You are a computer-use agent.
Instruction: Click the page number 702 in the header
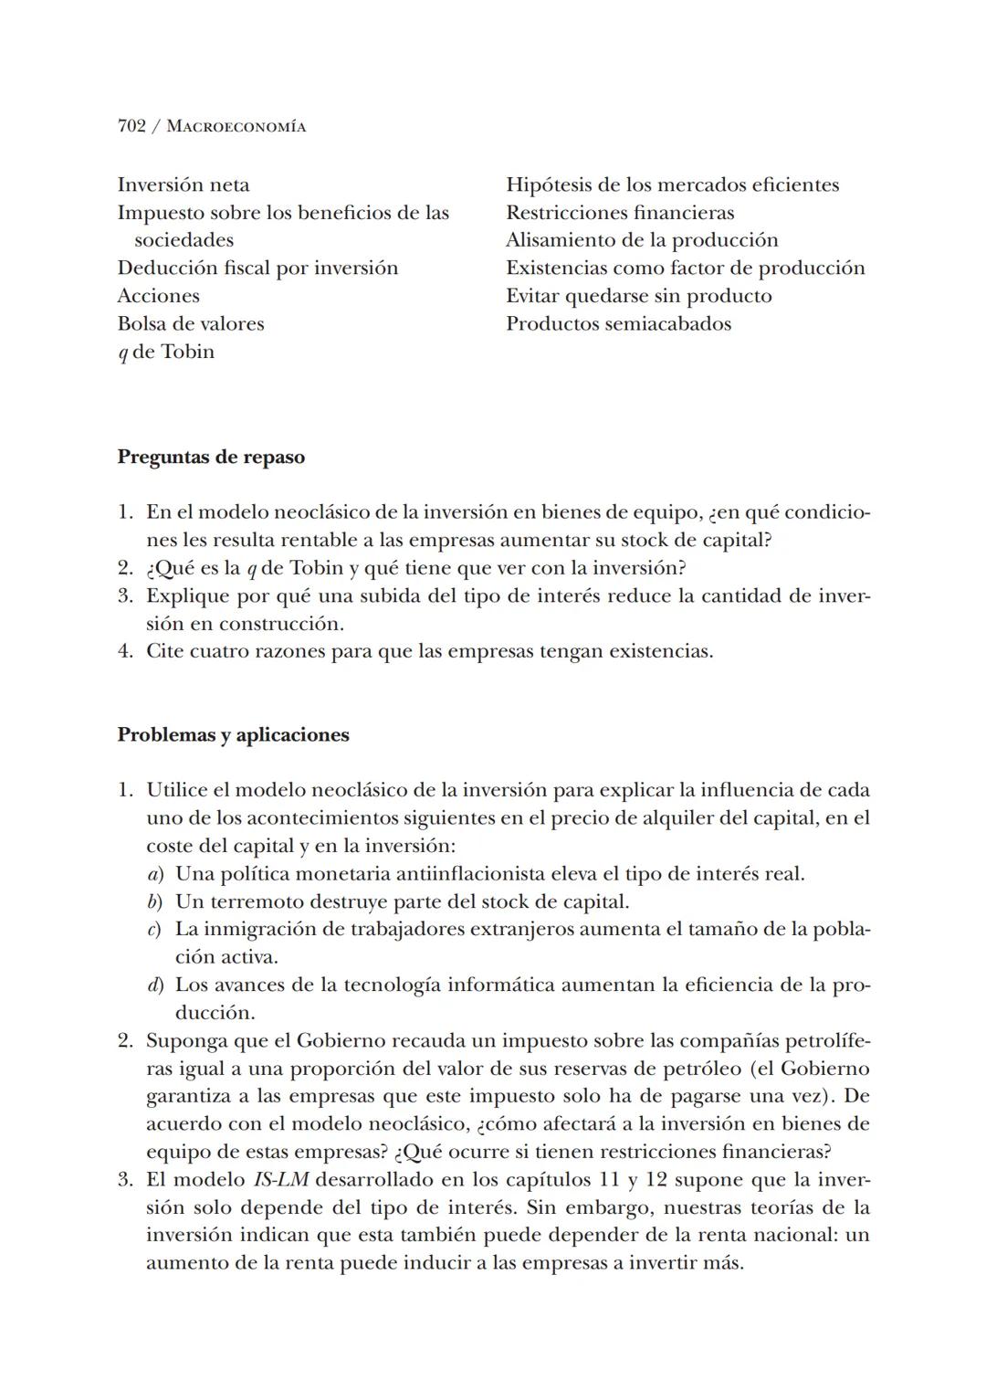tap(131, 126)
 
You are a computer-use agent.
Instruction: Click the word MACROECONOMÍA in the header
tap(236, 127)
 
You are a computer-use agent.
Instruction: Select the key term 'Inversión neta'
tap(184, 184)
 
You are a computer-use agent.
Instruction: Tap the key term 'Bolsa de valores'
tap(191, 323)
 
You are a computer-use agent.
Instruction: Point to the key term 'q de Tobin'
tap(166, 352)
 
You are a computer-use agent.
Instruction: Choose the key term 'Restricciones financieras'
tap(620, 213)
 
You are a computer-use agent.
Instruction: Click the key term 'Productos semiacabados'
tap(618, 323)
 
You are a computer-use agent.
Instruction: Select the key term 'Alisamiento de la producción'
tap(642, 240)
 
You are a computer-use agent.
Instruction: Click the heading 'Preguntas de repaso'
tap(211, 457)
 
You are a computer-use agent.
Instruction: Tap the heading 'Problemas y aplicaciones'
tap(233, 735)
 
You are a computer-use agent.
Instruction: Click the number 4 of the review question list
tap(125, 651)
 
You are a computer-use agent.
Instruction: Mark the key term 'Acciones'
tap(158, 296)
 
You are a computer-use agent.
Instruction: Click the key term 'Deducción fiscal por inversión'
tap(257, 268)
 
